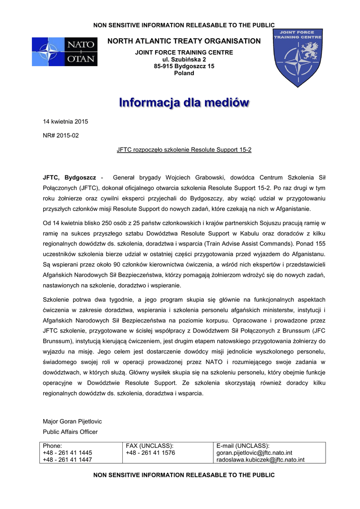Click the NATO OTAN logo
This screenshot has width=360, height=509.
click(x=65, y=52)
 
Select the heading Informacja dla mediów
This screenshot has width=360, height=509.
click(x=184, y=103)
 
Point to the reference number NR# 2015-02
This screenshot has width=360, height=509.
click(x=61, y=135)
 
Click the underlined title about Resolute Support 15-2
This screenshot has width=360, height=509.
click(x=184, y=149)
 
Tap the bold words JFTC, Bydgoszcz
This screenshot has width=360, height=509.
click(x=70, y=177)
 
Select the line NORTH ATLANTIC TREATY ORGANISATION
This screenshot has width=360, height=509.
click(x=184, y=41)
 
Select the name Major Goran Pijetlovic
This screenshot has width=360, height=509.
click(x=72, y=422)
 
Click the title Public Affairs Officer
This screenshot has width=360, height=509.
click(x=70, y=431)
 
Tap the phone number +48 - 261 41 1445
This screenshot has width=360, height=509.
click(x=67, y=453)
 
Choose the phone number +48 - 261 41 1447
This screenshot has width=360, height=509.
click(x=67, y=460)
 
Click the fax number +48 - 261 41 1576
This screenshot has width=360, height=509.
click(x=150, y=453)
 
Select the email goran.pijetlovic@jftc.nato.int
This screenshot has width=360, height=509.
click(x=254, y=453)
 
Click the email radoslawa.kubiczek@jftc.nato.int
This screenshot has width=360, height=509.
click(x=260, y=460)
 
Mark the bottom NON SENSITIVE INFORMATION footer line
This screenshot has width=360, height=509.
click(x=184, y=475)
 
